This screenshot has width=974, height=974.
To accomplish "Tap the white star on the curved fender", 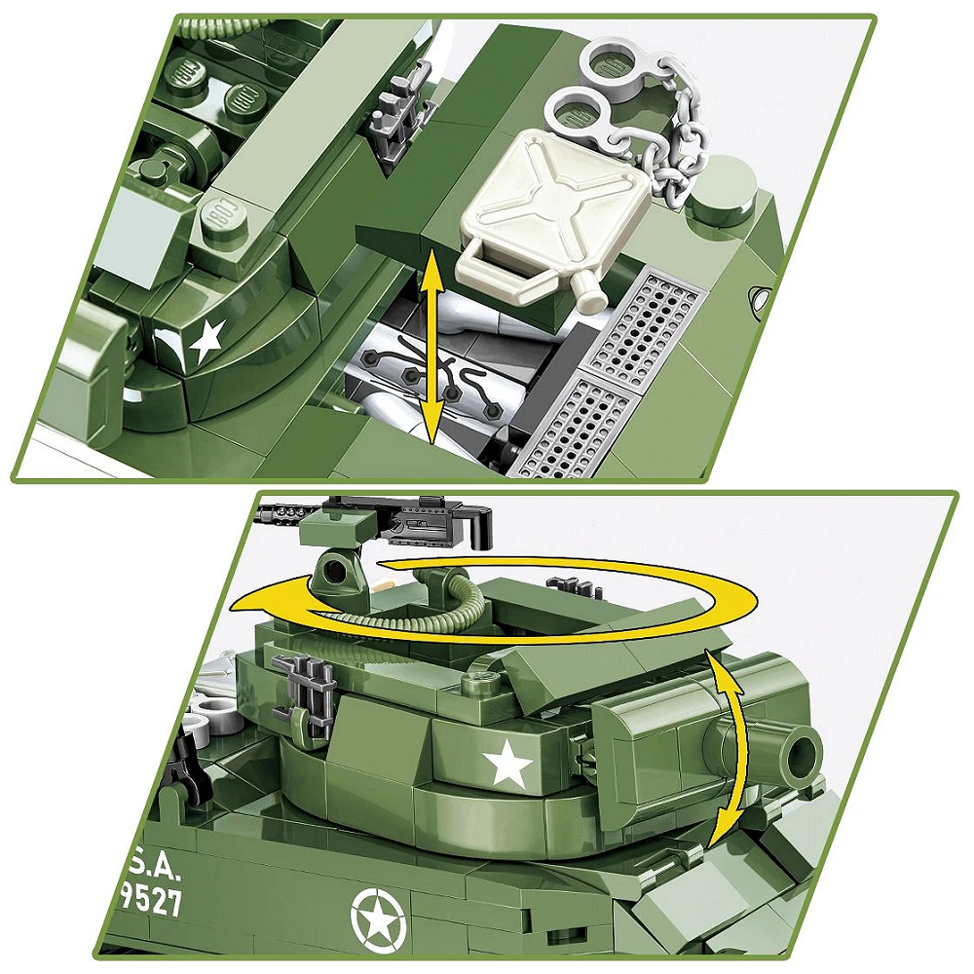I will (206, 341).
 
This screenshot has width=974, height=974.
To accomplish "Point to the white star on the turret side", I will (508, 765).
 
